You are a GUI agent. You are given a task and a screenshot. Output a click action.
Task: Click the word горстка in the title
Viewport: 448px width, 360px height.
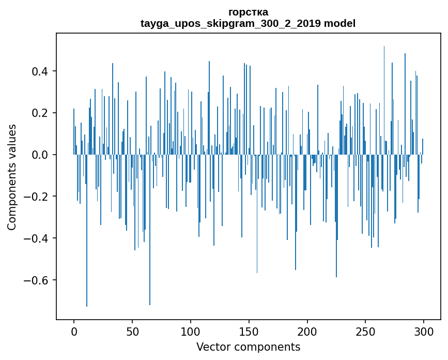click(248, 12)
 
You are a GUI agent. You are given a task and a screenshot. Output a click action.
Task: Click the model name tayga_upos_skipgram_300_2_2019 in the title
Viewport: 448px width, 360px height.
click(230, 23)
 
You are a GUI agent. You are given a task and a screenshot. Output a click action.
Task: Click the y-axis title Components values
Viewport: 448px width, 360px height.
click(12, 177)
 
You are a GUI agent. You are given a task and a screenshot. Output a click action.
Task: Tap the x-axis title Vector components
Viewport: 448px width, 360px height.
click(248, 347)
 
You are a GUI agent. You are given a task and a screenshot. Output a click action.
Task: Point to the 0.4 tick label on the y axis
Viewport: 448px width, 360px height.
click(39, 71)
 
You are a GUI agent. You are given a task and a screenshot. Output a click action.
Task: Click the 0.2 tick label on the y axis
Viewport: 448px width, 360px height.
click(39, 113)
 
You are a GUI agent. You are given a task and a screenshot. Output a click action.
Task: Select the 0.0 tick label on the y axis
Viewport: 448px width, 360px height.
click(39, 155)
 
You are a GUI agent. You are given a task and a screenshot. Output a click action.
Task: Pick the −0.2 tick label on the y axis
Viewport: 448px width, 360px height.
click(36, 197)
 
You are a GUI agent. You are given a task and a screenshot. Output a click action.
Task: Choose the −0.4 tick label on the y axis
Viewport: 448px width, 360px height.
click(36, 238)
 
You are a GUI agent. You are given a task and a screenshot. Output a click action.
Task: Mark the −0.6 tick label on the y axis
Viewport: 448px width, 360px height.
click(36, 280)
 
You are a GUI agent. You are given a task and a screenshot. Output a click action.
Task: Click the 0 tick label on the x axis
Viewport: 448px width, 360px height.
click(74, 332)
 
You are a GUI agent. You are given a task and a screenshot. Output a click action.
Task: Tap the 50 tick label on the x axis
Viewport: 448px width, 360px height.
click(132, 332)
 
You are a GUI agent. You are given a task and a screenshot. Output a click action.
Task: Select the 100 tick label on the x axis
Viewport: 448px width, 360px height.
click(190, 332)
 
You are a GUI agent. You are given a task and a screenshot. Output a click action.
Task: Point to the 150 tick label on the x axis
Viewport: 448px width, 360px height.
click(249, 332)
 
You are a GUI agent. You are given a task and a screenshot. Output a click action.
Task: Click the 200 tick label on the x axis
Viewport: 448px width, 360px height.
click(307, 332)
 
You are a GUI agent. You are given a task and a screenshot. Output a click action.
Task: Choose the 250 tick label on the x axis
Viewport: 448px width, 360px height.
click(365, 332)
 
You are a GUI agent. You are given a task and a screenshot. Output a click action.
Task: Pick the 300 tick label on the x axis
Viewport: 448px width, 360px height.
click(424, 332)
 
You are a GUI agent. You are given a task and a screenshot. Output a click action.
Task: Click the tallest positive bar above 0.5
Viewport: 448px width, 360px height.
click(384, 100)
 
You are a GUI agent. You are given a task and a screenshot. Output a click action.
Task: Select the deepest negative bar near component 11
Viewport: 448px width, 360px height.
click(87, 231)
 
